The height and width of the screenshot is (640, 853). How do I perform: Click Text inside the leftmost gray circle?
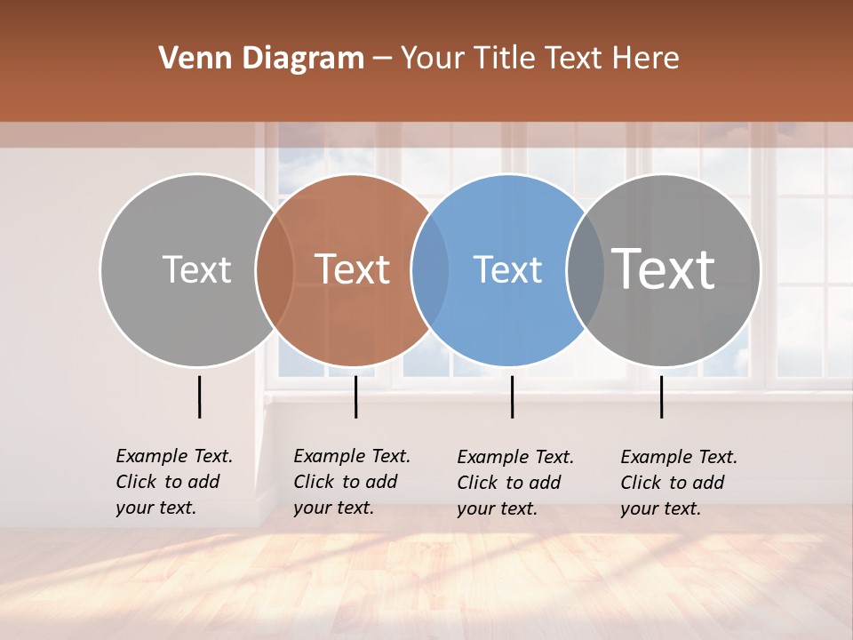click(x=196, y=269)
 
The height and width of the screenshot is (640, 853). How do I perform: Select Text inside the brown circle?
click(x=353, y=269)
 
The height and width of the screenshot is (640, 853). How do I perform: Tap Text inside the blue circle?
click(x=507, y=269)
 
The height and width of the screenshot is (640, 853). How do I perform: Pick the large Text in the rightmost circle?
click(x=664, y=269)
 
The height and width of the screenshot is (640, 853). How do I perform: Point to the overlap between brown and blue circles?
click(x=430, y=269)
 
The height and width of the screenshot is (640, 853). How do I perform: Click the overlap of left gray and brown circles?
click(x=275, y=269)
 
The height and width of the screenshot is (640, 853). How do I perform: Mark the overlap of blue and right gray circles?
click(x=586, y=269)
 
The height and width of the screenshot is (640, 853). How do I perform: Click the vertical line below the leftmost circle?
click(x=199, y=396)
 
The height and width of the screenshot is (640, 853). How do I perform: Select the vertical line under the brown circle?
click(x=355, y=396)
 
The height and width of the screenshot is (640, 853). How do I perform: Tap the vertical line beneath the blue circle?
click(x=512, y=396)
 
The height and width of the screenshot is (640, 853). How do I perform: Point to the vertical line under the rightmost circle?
click(x=661, y=396)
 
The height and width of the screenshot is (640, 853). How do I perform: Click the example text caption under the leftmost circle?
click(x=173, y=482)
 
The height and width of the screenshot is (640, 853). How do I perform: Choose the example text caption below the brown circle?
click(x=351, y=482)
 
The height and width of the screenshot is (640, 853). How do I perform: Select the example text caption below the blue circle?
click(x=514, y=483)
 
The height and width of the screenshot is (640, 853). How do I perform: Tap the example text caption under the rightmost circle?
click(x=678, y=483)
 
